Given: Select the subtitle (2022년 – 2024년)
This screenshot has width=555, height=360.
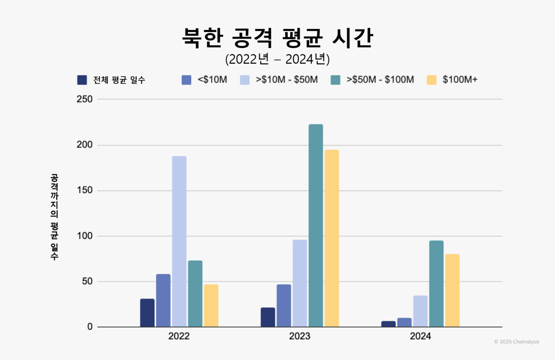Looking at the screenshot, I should pyautogui.click(x=277, y=59).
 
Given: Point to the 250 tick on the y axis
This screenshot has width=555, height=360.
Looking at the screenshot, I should pyautogui.click(x=85, y=99).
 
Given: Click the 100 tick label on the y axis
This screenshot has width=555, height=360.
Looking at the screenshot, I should pyautogui.click(x=85, y=236).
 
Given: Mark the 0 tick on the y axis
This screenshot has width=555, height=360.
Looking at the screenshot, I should pyautogui.click(x=90, y=327).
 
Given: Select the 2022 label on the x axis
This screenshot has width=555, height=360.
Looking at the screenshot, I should pyautogui.click(x=179, y=337).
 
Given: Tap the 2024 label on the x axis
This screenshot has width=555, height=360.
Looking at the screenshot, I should pyautogui.click(x=420, y=337).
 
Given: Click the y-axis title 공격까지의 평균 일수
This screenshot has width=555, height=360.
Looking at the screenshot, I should pyautogui.click(x=54, y=217).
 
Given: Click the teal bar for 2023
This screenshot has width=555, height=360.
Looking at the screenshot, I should pyautogui.click(x=316, y=225).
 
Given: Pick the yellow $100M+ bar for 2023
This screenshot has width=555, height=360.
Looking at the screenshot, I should pyautogui.click(x=332, y=238).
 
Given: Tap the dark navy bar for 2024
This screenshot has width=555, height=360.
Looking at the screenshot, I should pyautogui.click(x=388, y=324).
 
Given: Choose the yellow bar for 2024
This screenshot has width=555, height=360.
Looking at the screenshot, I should pyautogui.click(x=452, y=290).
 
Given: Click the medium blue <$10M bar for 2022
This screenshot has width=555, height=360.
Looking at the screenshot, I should pyautogui.click(x=163, y=300).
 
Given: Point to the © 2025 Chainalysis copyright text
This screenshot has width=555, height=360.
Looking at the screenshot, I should pyautogui.click(x=517, y=342).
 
